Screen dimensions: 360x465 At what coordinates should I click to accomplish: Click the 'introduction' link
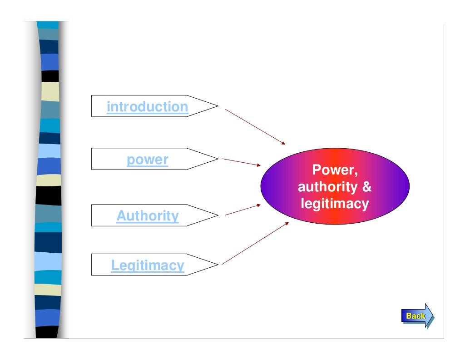coord(147,107)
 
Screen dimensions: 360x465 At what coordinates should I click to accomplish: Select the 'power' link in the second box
coord(147,160)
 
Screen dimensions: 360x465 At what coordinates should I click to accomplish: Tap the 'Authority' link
coord(148,215)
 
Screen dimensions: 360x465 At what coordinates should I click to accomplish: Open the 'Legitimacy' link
coord(148,265)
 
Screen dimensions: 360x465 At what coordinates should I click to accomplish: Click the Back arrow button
coord(417,315)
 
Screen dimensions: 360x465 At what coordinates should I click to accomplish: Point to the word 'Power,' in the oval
coord(335,170)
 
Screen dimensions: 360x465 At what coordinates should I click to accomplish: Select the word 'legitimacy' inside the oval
coord(335,204)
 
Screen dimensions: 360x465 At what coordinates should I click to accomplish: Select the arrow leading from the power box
coord(241,162)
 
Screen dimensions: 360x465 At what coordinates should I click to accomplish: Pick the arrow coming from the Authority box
coord(243,209)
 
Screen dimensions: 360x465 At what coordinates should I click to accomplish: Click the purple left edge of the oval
coord(268,186)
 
